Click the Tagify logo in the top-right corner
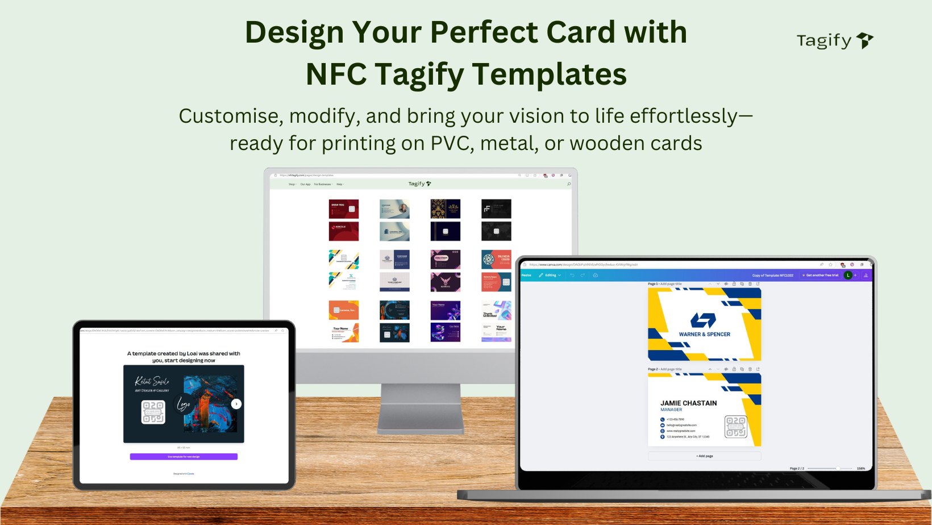(834, 40)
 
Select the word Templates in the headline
(549, 74)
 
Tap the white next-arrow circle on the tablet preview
(236, 404)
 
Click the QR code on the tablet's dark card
(153, 412)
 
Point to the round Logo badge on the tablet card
(183, 404)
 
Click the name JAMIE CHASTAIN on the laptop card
(688, 403)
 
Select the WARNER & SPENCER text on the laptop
(704, 334)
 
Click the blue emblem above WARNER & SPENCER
(703, 320)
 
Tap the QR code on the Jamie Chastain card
(735, 427)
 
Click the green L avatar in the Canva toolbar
(848, 275)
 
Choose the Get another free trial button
(821, 275)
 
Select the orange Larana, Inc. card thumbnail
(344, 310)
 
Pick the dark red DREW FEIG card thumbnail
(344, 209)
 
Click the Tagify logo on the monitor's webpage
(419, 184)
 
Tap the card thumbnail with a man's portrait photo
(394, 209)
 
